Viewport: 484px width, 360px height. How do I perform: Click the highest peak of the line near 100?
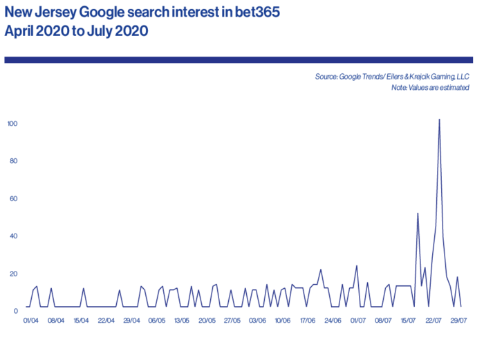(x=439, y=120)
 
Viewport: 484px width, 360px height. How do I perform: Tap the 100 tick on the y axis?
(x=12, y=124)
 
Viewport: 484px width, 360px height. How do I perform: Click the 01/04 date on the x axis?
(x=30, y=321)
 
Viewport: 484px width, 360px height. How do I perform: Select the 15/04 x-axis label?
(x=81, y=321)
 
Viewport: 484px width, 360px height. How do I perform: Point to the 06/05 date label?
(x=156, y=321)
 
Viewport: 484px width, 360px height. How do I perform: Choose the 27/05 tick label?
(x=232, y=321)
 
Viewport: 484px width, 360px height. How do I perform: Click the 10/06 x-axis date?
(x=282, y=321)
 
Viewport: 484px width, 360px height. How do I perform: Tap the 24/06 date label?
(x=333, y=321)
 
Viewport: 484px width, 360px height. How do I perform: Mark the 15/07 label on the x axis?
(x=409, y=321)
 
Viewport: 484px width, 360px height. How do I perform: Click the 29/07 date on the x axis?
(x=459, y=321)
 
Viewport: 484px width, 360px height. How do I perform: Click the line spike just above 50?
(x=418, y=214)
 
